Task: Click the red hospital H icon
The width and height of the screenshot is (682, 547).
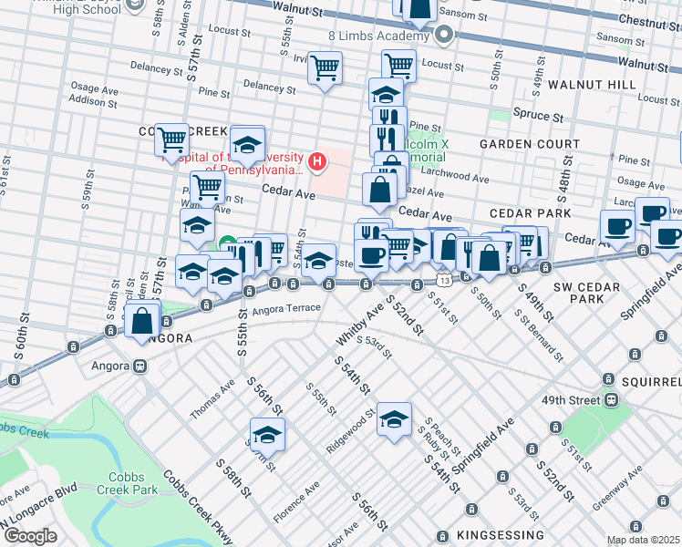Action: tap(316, 162)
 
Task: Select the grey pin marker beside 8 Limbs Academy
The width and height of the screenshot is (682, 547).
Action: tap(444, 36)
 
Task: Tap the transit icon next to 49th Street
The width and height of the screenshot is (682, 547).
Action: tap(613, 400)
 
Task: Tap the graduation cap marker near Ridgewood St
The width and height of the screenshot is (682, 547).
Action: tap(394, 420)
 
